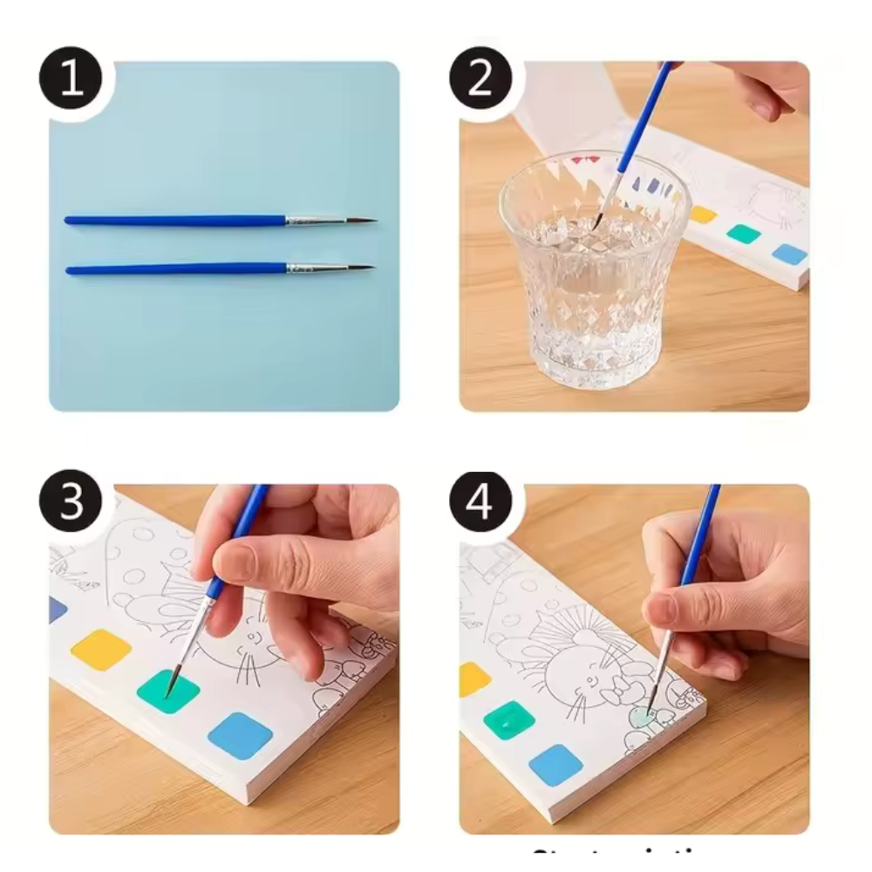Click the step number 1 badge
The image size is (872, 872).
[x=70, y=79]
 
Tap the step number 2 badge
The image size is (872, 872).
[x=480, y=79]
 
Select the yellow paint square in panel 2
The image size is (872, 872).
[x=702, y=215]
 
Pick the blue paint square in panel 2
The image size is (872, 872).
[x=789, y=254]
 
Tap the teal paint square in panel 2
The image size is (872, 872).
[x=744, y=234]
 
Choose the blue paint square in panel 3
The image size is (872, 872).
[x=240, y=735]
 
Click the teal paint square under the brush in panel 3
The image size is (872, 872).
[x=168, y=691]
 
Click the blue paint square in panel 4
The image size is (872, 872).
[x=555, y=764]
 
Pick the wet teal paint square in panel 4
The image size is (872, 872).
[x=508, y=719]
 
